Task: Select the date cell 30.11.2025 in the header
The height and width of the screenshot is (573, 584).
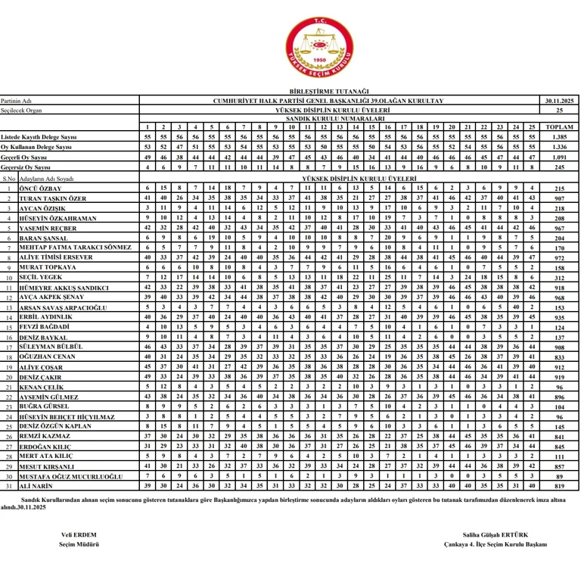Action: (558, 100)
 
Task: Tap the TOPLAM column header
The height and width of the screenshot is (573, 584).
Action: (558, 126)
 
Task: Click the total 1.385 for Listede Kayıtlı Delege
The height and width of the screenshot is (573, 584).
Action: (558, 136)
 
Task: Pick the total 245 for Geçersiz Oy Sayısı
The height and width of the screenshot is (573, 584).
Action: (558, 166)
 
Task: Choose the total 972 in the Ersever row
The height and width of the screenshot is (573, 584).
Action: (558, 257)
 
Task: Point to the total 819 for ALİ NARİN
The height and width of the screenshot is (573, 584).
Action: (558, 485)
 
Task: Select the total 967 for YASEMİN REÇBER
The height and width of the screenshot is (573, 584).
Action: (558, 227)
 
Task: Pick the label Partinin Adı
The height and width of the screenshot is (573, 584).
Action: (17, 100)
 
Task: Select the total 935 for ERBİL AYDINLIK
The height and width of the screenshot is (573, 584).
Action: (558, 316)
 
